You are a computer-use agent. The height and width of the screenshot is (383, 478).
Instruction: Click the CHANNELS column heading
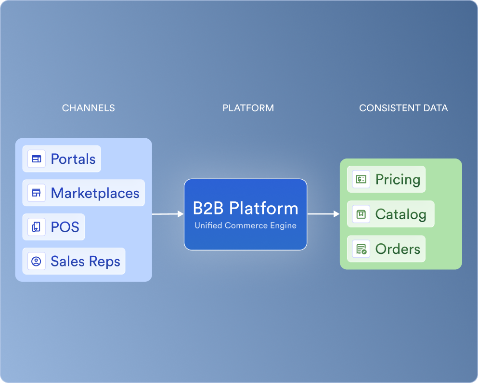click(x=89, y=108)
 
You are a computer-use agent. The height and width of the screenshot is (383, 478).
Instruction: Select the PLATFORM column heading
click(x=248, y=108)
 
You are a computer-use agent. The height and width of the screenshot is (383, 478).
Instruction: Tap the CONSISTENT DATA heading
click(x=403, y=108)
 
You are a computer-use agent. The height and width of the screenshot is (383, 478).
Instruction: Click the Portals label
click(x=73, y=159)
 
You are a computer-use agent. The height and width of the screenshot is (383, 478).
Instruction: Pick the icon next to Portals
click(x=36, y=158)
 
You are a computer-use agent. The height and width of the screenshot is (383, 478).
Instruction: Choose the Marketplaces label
click(x=95, y=193)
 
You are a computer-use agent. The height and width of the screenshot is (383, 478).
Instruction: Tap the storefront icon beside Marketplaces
click(x=36, y=193)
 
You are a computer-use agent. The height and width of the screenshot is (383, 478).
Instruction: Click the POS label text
click(x=65, y=227)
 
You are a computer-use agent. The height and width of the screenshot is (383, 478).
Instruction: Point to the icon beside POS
click(x=36, y=227)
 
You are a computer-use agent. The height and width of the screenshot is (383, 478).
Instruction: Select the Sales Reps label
click(x=85, y=261)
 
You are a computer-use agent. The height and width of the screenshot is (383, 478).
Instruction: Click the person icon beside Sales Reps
click(x=36, y=261)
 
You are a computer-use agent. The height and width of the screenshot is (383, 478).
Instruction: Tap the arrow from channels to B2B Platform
click(x=168, y=214)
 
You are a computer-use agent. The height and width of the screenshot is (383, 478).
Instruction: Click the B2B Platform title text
click(x=245, y=209)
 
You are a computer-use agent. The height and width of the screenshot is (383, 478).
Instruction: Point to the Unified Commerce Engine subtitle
click(x=245, y=225)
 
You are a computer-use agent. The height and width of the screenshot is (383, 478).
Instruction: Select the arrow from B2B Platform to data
click(x=323, y=214)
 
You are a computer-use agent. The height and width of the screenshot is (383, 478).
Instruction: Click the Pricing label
click(x=398, y=179)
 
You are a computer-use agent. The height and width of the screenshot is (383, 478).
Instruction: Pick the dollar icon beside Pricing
click(x=361, y=179)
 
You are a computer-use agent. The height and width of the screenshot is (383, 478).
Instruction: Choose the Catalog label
click(x=400, y=214)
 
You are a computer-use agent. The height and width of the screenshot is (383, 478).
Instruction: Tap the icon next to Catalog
click(x=361, y=214)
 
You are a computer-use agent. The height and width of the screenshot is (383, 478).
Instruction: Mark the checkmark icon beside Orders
click(x=361, y=249)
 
